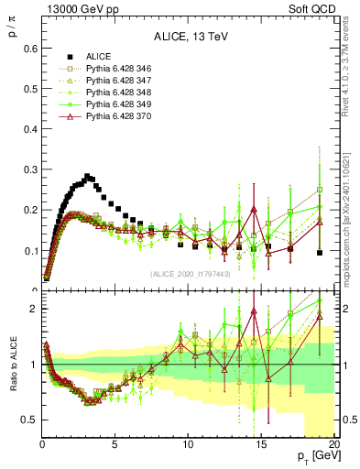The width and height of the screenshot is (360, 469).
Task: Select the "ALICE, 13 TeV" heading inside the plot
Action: [187, 38]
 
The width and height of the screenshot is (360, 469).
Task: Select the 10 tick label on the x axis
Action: [187, 446]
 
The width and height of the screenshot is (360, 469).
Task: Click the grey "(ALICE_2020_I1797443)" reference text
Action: [191, 274]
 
